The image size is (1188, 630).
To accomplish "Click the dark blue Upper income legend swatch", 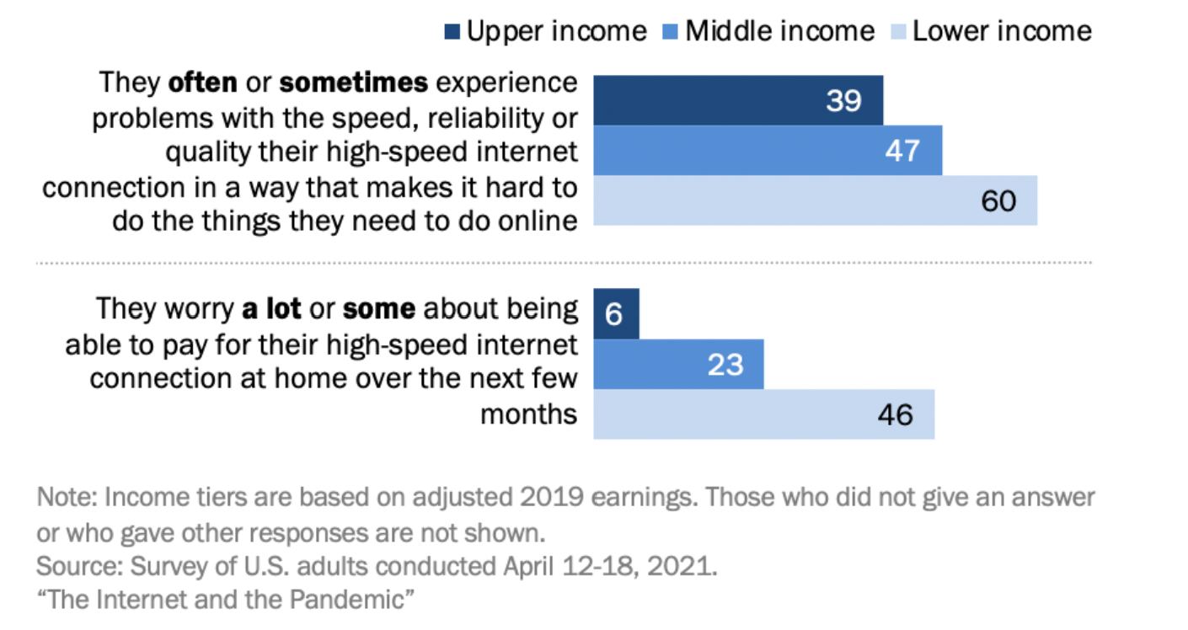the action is click(x=452, y=32).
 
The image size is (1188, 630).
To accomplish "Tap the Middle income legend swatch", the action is click(x=671, y=32).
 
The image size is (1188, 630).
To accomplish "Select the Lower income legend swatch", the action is click(x=898, y=32).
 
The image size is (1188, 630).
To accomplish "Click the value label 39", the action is click(x=843, y=100).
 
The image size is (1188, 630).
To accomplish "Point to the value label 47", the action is click(x=902, y=151).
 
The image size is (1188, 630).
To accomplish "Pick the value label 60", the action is click(x=998, y=201).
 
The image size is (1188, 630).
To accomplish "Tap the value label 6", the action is click(x=613, y=314).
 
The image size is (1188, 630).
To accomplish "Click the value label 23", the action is click(x=725, y=365).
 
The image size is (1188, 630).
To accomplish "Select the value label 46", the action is click(x=896, y=414).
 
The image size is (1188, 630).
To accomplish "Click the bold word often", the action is click(x=202, y=83).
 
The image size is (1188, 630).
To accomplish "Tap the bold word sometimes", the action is click(x=354, y=83).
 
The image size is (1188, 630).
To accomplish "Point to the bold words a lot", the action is click(x=271, y=308).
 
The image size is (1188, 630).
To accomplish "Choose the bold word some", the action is click(x=379, y=309).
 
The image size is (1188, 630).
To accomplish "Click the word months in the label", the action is click(x=529, y=414).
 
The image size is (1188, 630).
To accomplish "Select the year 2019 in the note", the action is click(x=552, y=498).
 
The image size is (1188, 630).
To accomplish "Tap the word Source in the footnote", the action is click(x=79, y=566).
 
